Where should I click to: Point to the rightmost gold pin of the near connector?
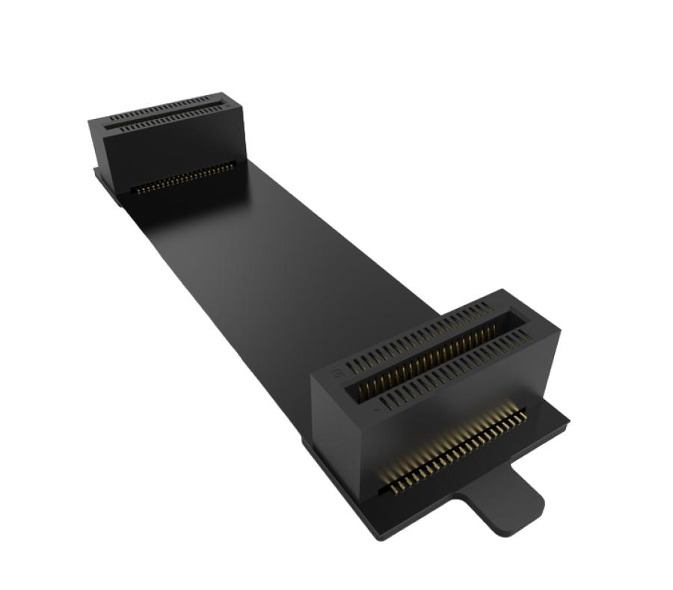(x=521, y=410)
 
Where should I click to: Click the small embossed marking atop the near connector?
(x=337, y=372)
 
